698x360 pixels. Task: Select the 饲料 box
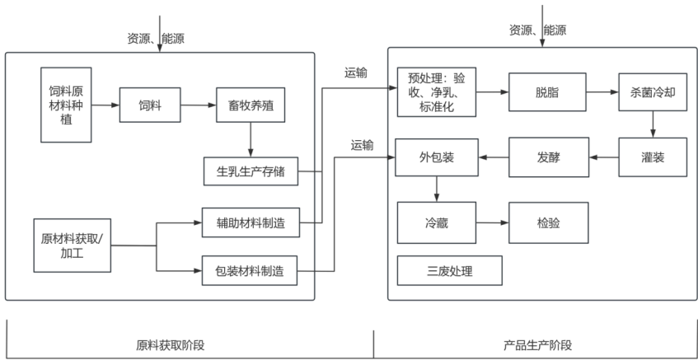point(150,105)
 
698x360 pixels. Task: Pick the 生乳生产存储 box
point(250,171)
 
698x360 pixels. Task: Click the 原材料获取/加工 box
point(73,245)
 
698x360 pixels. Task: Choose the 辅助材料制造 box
point(250,222)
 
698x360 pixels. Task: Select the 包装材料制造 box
point(250,270)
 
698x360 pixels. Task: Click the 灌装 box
point(653,157)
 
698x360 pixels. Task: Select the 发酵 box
point(546,157)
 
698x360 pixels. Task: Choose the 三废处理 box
point(449,271)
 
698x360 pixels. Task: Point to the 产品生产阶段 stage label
point(536,344)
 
